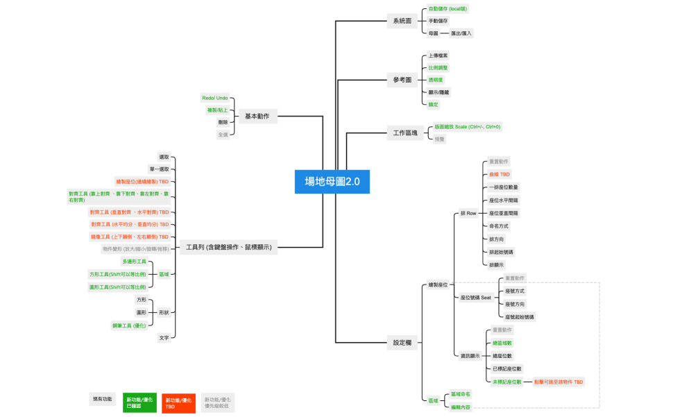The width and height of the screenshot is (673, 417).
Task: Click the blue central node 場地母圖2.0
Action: point(332,182)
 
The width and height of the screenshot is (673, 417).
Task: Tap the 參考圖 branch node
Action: point(402,80)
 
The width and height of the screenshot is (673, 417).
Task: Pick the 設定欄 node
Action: point(402,342)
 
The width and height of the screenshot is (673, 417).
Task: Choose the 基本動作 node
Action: point(257,117)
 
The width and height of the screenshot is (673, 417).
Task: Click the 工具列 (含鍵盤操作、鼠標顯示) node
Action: point(229,246)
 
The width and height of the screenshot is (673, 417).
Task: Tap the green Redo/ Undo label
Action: point(215,98)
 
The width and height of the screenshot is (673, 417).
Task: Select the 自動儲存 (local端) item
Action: point(448,9)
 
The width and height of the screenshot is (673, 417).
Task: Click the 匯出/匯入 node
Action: point(461,33)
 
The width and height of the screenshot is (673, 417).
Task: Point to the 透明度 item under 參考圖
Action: point(436,80)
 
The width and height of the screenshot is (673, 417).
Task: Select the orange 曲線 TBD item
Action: point(500,174)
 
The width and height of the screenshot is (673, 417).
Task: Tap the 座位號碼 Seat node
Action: point(475,297)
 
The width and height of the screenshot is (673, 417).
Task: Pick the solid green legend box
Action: point(139,402)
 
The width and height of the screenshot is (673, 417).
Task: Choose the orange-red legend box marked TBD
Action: point(178,402)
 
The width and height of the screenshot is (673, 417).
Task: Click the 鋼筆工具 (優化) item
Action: point(129,325)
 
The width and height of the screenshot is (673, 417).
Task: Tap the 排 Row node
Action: point(468,213)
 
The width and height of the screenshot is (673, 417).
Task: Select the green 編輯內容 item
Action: point(460,407)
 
